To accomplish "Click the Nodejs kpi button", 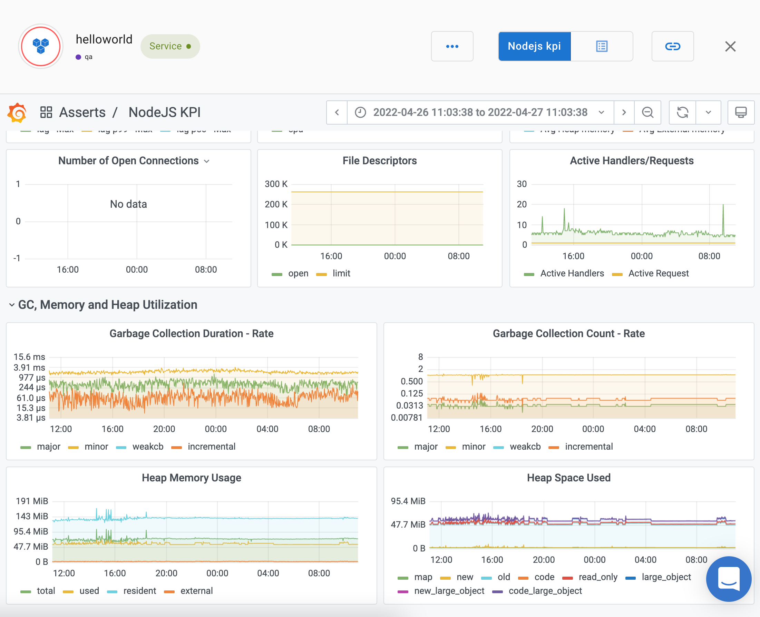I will (x=534, y=46).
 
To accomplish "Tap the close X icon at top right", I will (x=730, y=46).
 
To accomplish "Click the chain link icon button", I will (x=672, y=46).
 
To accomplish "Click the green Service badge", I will (x=170, y=46).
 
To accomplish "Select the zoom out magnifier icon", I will (x=647, y=112).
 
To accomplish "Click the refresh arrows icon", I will (x=682, y=112).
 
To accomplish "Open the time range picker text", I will (x=480, y=112).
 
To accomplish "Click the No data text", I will (x=128, y=204).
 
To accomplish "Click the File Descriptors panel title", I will (x=379, y=161).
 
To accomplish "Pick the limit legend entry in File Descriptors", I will (x=341, y=273).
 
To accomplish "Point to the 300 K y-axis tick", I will (x=276, y=184).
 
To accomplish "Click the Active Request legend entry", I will (x=658, y=273).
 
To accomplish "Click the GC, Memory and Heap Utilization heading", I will (x=107, y=305).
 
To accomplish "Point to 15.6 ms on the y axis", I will (x=29, y=357).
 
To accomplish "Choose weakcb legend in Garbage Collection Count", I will (x=525, y=447).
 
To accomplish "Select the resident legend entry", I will (x=139, y=591).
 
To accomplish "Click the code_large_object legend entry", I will (x=545, y=591).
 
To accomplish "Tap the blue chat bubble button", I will (x=728, y=579).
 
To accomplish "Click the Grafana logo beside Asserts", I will (x=17, y=112).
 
